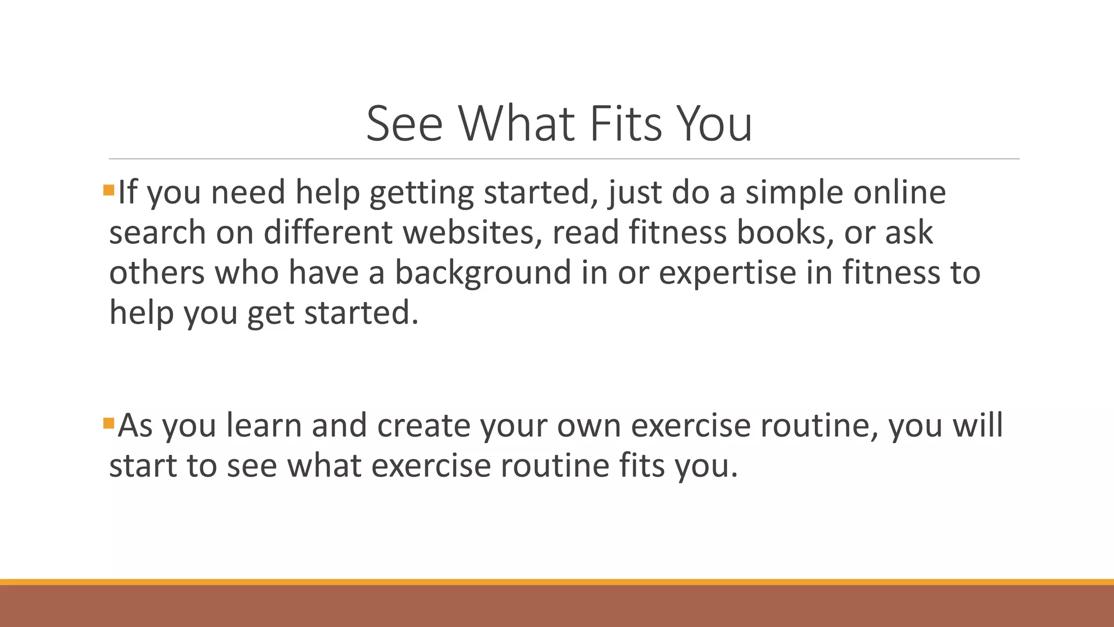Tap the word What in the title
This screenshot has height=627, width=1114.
[x=516, y=124]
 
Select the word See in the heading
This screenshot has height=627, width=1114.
[x=404, y=124]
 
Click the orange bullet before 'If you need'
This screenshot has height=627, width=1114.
[x=108, y=190]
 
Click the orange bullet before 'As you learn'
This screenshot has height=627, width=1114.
[x=108, y=423]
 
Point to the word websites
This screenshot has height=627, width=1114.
[x=472, y=232]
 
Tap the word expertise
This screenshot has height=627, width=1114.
[x=727, y=273]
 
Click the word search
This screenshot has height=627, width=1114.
[x=157, y=232]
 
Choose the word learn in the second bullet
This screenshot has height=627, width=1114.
[x=264, y=425]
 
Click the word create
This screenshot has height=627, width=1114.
[x=423, y=425]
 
